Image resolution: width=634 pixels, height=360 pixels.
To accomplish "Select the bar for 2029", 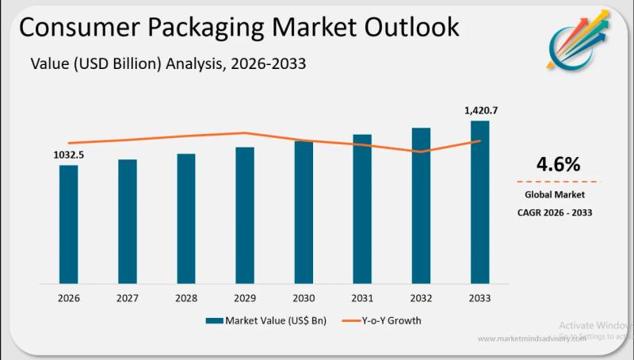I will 245,215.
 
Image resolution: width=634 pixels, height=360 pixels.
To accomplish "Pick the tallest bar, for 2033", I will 479,201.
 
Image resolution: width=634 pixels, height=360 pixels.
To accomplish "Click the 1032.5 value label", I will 68,155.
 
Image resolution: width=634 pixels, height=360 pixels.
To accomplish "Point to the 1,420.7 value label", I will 481,110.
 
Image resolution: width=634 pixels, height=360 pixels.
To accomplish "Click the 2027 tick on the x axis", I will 127,298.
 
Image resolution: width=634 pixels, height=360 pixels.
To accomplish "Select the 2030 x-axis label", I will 304,298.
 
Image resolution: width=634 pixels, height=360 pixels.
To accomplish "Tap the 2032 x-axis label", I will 421,298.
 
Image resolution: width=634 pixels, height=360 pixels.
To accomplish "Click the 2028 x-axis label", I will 186,298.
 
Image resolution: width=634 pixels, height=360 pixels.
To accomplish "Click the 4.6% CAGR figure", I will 558,165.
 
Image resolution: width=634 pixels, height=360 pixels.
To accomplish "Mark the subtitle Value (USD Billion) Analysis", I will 127,63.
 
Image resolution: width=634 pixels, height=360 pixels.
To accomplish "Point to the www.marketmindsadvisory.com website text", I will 532,339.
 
